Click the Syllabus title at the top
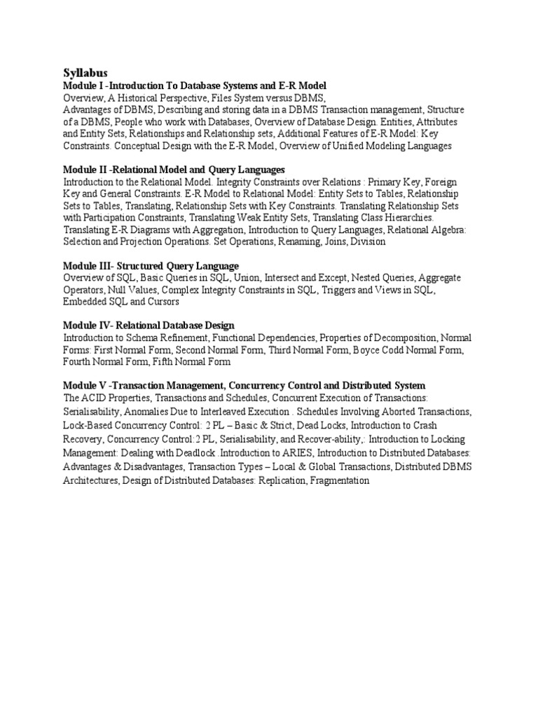click(86, 72)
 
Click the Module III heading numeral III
click(107, 266)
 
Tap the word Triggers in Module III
click(338, 290)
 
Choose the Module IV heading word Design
click(217, 326)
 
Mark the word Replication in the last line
click(277, 482)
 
